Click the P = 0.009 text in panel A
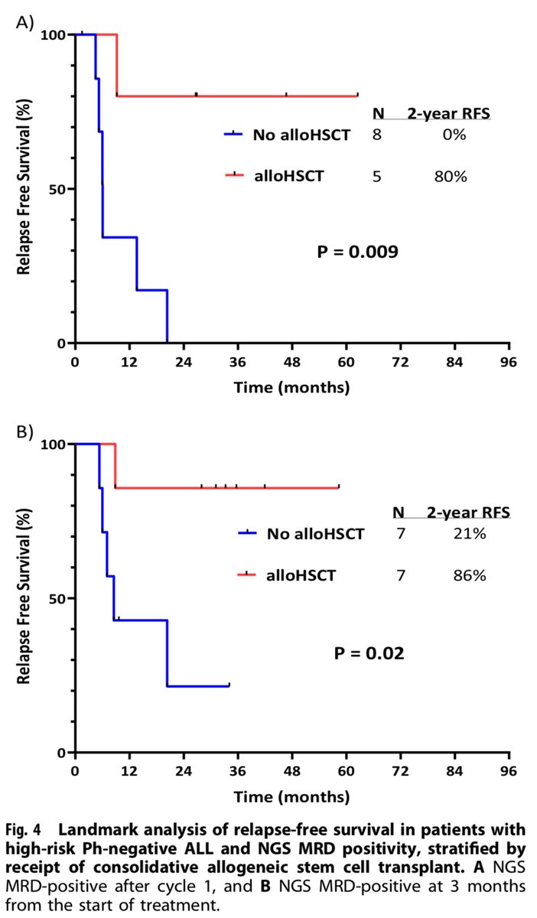pyautogui.click(x=357, y=252)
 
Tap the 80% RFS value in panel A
pyautogui.click(x=449, y=177)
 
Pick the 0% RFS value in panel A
pyautogui.click(x=449, y=135)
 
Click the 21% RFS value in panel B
pyautogui.click(x=469, y=534)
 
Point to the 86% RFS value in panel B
pyautogui.click(x=469, y=575)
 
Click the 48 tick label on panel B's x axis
pyautogui.click(x=291, y=770)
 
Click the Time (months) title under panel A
pyautogui.click(x=292, y=388)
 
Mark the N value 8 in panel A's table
pyautogui.click(x=376, y=135)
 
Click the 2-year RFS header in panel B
pyautogui.click(x=469, y=512)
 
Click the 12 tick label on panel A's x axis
pyautogui.click(x=129, y=361)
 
